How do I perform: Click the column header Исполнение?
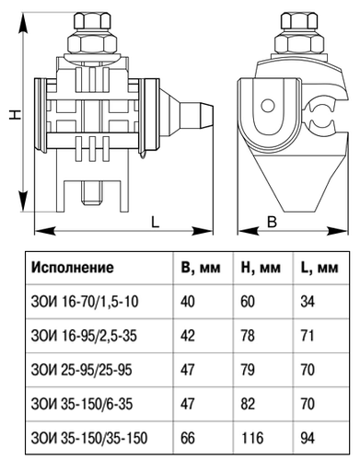point(73,268)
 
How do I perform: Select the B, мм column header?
point(201,268)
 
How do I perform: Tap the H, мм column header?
point(261,268)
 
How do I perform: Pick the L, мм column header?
point(319,268)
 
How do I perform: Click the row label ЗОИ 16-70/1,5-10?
point(85,302)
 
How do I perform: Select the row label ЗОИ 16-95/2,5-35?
point(84,336)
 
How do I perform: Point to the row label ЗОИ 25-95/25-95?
point(81,370)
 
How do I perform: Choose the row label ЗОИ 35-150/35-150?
point(89,438)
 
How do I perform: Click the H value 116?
point(252,438)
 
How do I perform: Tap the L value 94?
point(308,438)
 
